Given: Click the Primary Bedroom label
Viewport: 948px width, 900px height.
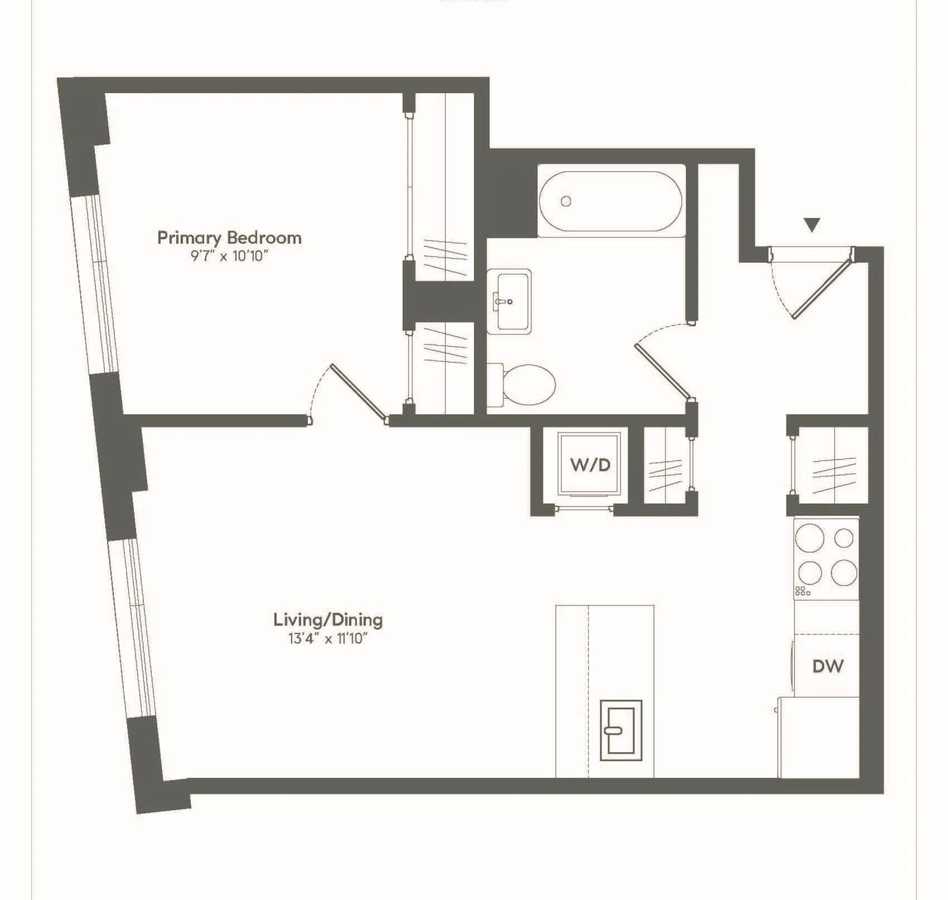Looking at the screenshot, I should point(229,238).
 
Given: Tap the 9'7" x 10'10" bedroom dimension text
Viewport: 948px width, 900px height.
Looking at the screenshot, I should point(229,257).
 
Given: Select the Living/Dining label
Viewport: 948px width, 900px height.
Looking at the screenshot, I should point(328,620).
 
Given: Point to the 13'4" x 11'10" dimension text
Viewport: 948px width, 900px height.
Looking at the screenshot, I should point(328,638).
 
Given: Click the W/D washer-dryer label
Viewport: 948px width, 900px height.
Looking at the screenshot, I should point(590,464).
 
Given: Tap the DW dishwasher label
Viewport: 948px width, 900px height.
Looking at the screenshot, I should point(828,666).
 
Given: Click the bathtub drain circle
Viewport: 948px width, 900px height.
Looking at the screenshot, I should point(566,201).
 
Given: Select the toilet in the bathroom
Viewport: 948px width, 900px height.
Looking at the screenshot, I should point(524,385).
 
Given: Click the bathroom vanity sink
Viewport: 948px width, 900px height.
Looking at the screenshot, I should point(509,301).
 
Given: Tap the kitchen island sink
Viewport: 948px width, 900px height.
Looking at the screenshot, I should point(621,730).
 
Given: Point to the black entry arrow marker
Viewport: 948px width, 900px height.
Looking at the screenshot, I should point(812,225).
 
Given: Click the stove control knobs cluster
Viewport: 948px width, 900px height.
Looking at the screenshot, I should point(802,591).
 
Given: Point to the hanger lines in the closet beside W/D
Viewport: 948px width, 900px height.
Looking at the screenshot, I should point(665,475).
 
